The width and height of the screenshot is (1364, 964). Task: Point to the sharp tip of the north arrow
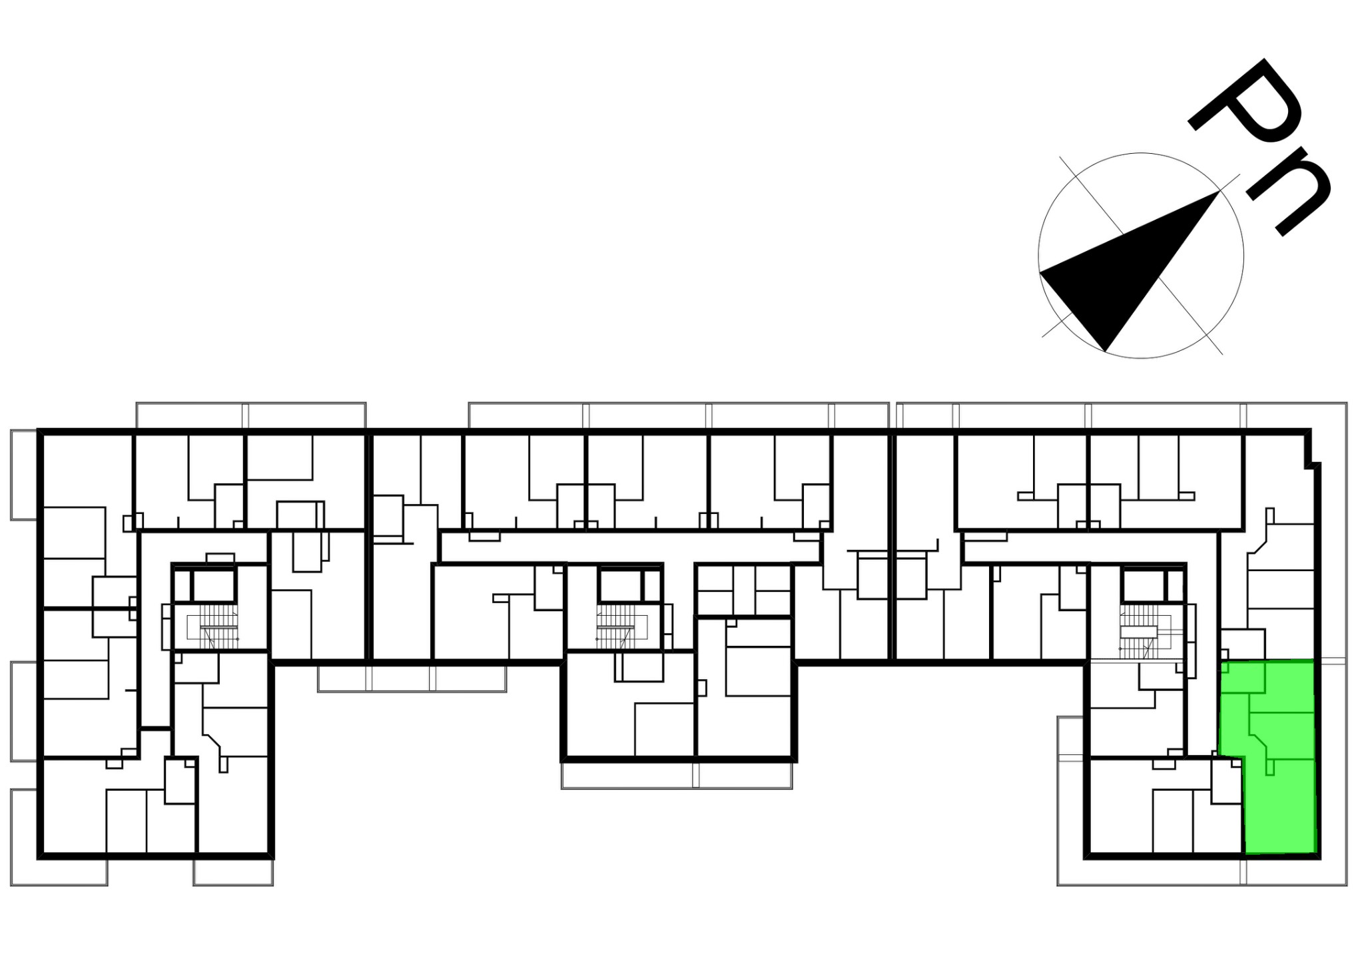click(x=1219, y=192)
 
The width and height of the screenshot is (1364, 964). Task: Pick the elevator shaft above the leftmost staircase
click(x=214, y=585)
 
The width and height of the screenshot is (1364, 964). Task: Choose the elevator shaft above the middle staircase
click(x=619, y=585)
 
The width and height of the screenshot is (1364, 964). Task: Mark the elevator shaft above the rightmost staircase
click(x=1143, y=585)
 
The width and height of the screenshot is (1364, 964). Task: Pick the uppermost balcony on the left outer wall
click(x=24, y=475)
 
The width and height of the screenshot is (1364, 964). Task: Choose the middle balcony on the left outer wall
click(x=24, y=711)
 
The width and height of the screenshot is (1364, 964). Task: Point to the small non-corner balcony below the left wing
click(x=234, y=872)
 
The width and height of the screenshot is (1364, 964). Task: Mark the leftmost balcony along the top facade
click(x=251, y=415)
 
